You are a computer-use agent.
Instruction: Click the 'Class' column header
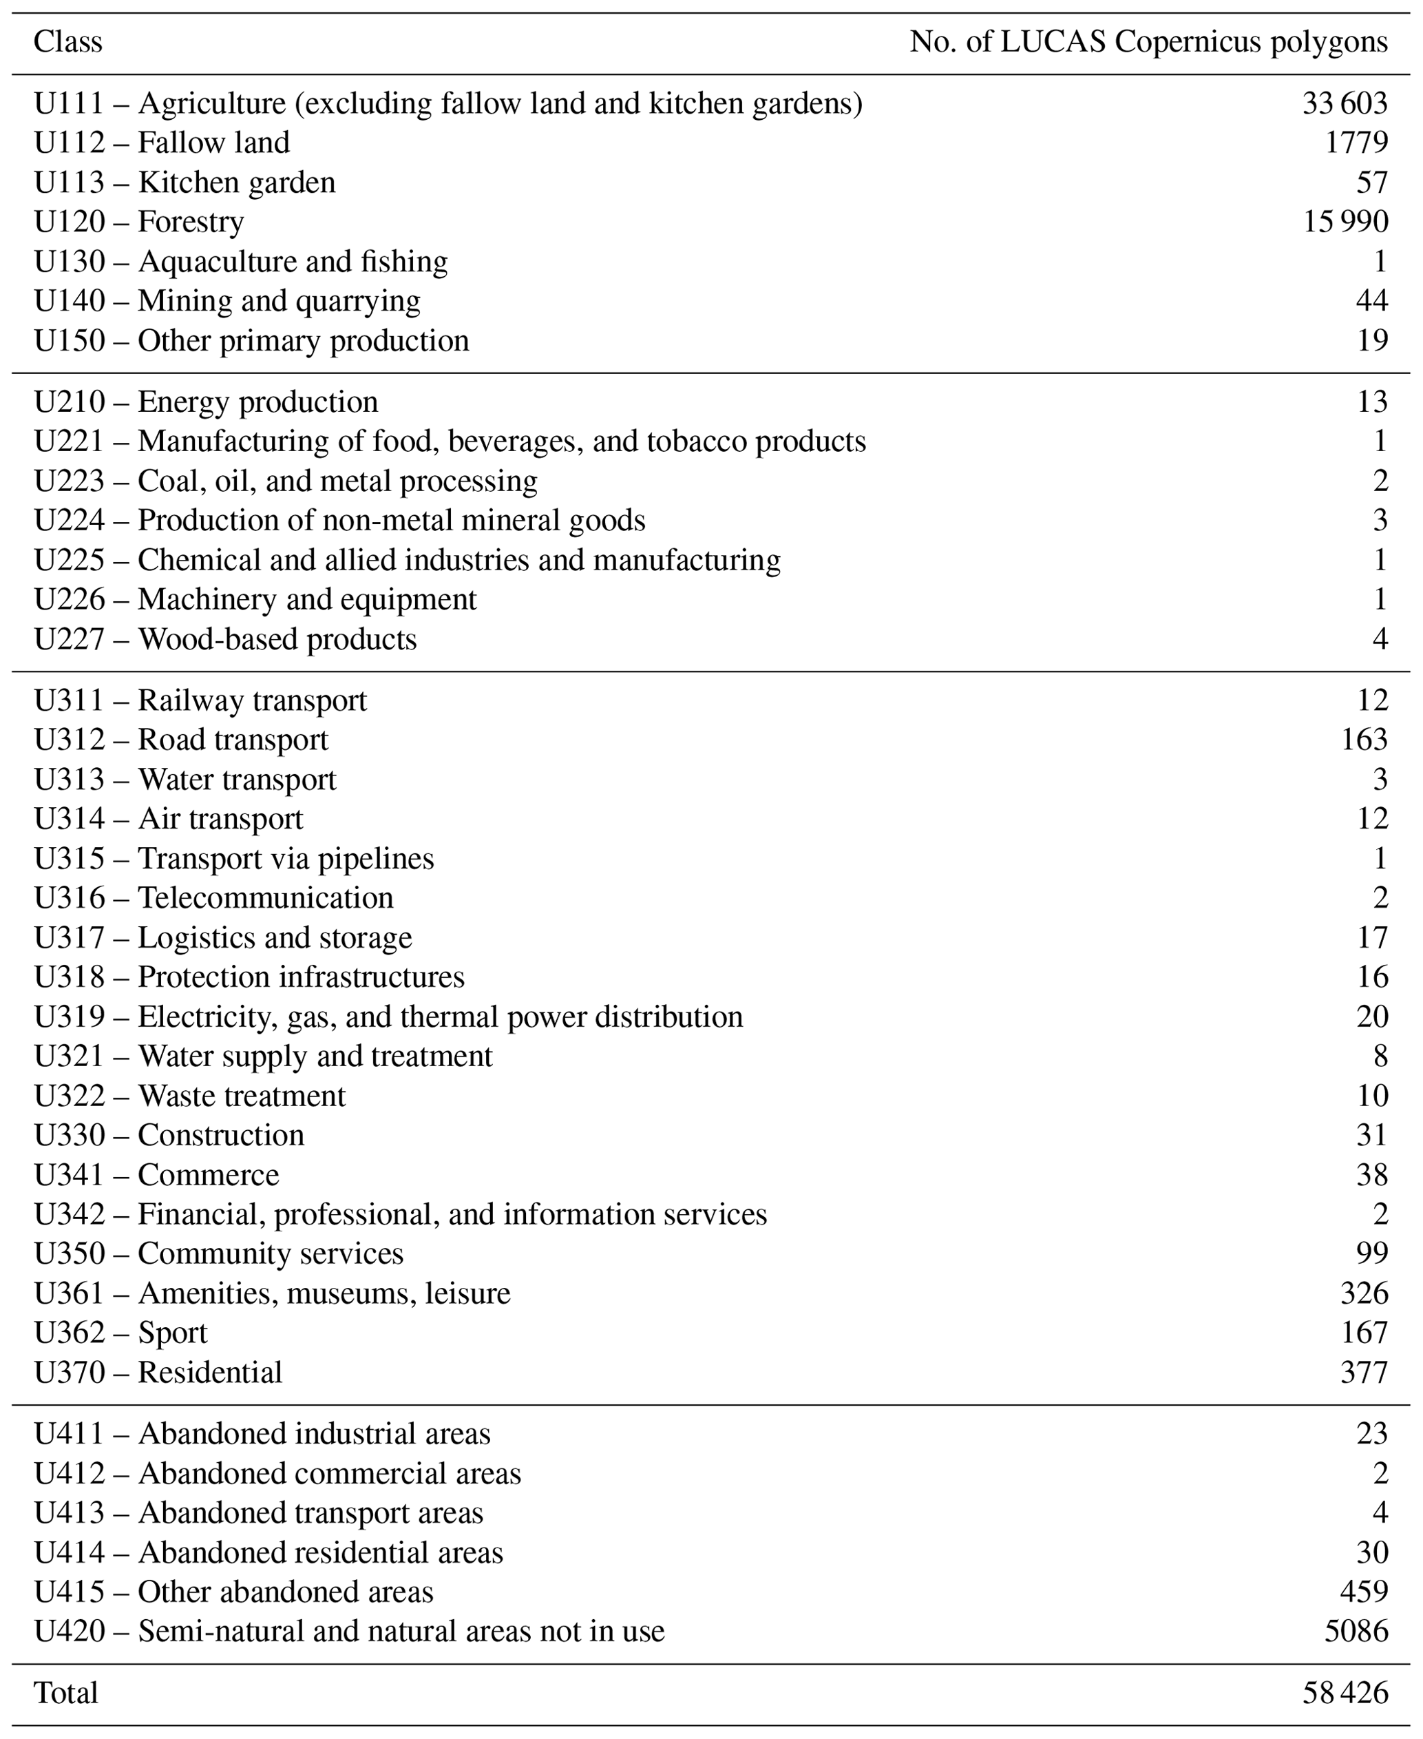pos(67,41)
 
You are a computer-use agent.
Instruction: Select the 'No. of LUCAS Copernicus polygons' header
pos(1148,41)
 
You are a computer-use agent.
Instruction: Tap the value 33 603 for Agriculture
pos(1345,103)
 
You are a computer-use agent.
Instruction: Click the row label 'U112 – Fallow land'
pos(162,143)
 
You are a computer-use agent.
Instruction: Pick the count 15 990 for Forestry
pos(1345,221)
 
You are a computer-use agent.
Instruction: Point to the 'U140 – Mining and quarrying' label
pos(227,301)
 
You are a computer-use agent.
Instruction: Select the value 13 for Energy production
pos(1371,402)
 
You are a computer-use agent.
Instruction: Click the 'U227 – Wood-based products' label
pos(224,640)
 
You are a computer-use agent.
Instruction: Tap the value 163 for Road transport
pos(1363,740)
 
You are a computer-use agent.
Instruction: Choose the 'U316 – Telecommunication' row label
pos(213,898)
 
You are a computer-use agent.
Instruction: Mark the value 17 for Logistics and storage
pos(1371,937)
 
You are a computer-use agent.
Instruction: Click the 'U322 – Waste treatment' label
pos(189,1096)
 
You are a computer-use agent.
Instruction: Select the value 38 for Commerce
pos(1371,1175)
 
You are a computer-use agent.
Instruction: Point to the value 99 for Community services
pos(1371,1253)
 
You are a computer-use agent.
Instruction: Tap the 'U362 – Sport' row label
pos(120,1333)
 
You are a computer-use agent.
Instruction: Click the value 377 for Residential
pos(1363,1373)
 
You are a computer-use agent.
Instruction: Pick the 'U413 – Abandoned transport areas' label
pos(258,1512)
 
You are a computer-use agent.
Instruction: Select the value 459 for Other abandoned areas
pos(1363,1592)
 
